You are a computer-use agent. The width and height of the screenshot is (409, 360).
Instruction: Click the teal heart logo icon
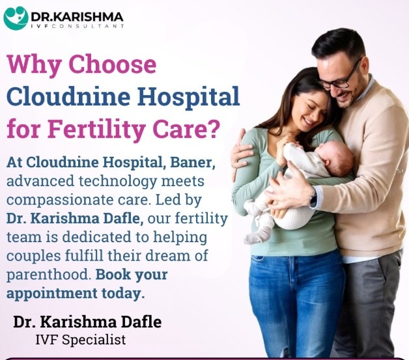(x=16, y=18)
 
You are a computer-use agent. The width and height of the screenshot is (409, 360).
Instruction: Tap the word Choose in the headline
(x=113, y=64)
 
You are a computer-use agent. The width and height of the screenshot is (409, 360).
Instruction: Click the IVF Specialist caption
(x=81, y=340)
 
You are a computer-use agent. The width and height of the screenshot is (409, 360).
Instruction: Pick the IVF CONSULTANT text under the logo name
(x=78, y=26)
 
